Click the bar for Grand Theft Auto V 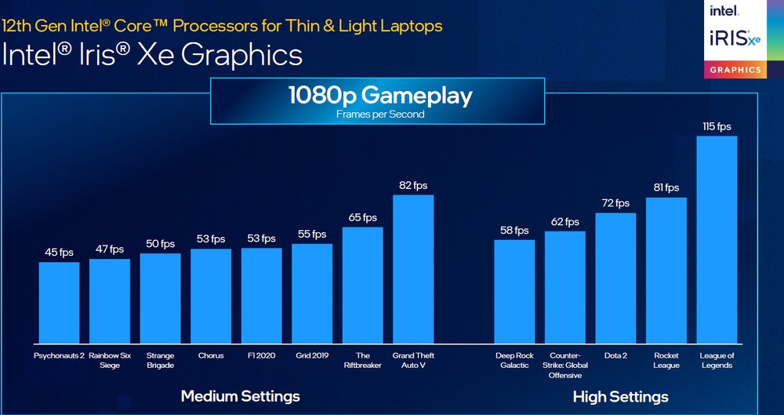click(413, 268)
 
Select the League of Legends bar click(717, 239)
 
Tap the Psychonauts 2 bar click(59, 302)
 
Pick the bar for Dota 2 click(615, 278)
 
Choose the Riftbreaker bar click(362, 285)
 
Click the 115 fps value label click(717, 126)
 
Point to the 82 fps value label click(413, 185)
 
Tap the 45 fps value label click(59, 253)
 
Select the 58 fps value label click(514, 231)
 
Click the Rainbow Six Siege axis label click(109, 360)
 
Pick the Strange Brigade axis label click(160, 360)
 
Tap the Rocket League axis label click(666, 360)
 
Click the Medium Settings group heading click(240, 396)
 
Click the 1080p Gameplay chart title click(380, 96)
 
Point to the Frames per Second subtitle click(380, 115)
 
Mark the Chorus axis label click(211, 355)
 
